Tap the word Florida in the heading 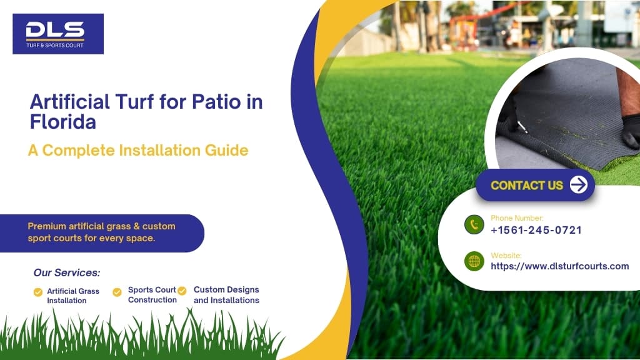pos(62,122)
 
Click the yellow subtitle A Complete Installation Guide pos(138,151)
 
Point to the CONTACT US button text pos(527,185)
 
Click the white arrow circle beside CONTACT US pos(579,185)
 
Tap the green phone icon pos(474,224)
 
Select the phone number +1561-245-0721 pos(536,230)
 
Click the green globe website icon pos(474,261)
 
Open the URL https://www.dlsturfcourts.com pos(559,266)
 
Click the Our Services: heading pos(66,272)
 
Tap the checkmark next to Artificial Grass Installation pos(38,292)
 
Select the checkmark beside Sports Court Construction pos(117,292)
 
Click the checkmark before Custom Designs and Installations pos(182,291)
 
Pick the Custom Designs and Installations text pos(226,295)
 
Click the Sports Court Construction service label pos(152,295)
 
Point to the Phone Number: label pos(517,218)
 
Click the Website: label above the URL pos(506,255)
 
